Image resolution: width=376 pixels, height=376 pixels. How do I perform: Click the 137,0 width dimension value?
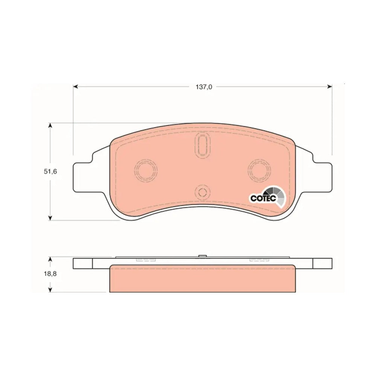tap(204, 87)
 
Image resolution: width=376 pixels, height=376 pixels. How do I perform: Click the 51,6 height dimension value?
tap(50, 171)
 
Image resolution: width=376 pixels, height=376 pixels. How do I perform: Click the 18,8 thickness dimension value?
tap(50, 274)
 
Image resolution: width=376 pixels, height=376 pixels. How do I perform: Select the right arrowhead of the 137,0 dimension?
tap(329, 86)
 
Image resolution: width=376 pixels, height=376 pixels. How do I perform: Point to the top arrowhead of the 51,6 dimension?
tap(50, 126)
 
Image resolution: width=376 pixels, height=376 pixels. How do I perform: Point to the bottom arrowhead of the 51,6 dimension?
tap(50, 217)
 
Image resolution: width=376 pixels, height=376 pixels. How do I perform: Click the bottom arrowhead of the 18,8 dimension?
tap(50, 290)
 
